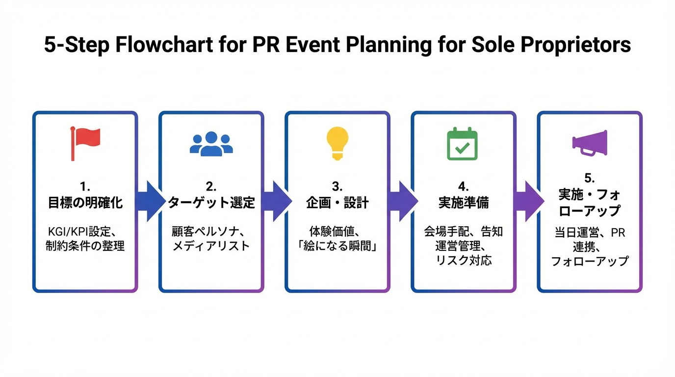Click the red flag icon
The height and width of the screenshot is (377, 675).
click(85, 143)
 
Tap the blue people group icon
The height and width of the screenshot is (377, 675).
click(211, 144)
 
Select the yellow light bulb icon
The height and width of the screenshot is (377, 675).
click(337, 143)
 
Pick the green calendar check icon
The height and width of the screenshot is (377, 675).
click(462, 143)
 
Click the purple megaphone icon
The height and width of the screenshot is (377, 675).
click(590, 143)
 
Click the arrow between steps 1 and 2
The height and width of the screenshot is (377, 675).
click(150, 201)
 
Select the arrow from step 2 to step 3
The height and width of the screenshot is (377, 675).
click(276, 201)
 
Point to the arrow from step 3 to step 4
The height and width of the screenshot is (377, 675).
click(403, 201)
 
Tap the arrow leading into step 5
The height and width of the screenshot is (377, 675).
click(529, 201)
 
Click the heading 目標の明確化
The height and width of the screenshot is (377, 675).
click(85, 203)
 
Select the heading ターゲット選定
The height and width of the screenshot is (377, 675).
click(211, 203)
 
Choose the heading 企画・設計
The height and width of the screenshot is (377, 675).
click(337, 203)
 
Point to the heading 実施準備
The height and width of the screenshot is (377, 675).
click(464, 203)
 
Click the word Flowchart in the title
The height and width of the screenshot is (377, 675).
click(164, 45)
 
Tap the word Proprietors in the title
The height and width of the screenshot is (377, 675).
click(575, 45)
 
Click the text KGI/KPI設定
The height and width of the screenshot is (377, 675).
click(79, 232)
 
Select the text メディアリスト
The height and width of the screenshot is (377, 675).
click(211, 246)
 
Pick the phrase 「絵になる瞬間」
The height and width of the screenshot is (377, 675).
click(337, 246)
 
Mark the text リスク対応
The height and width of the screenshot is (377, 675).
click(464, 260)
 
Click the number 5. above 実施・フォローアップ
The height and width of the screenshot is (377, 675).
click(590, 178)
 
